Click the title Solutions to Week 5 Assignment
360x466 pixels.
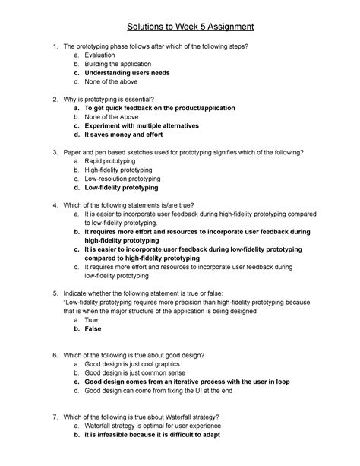[179, 28]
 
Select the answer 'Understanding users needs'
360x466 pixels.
[127, 73]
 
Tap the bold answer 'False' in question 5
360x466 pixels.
[93, 329]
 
